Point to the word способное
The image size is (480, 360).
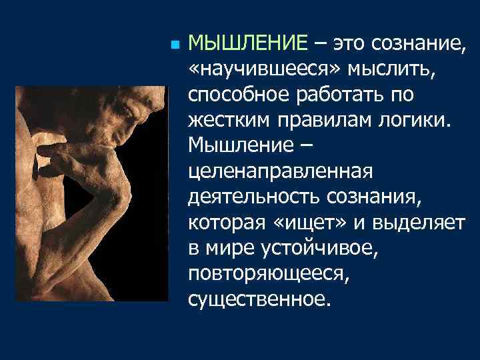coord(239,95)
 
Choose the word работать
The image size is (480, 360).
coord(342,95)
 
